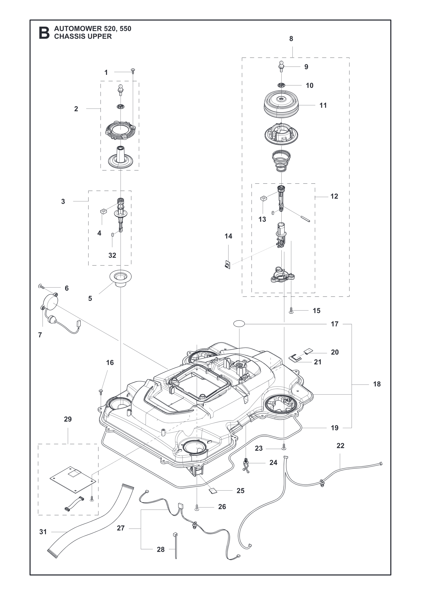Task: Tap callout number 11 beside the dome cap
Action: [x=323, y=105]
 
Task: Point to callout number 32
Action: [x=112, y=255]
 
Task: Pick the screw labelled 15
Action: [x=291, y=310]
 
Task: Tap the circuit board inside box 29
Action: [x=73, y=479]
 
